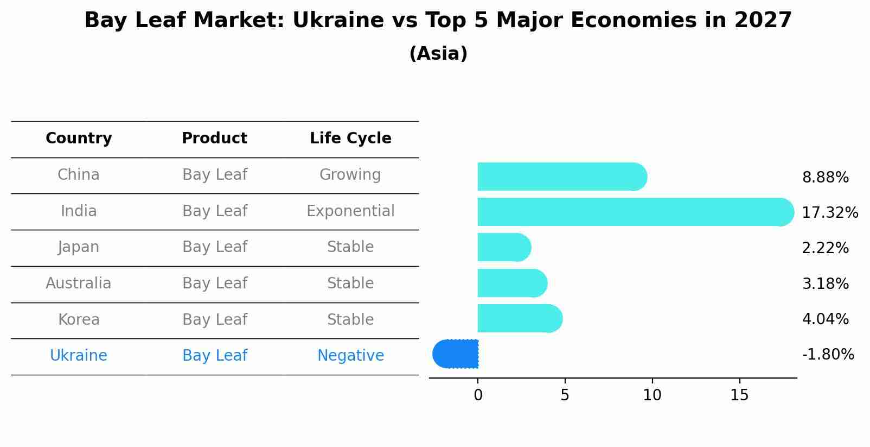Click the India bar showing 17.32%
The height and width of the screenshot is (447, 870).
click(x=635, y=212)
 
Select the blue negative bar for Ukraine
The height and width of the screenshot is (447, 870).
click(x=456, y=354)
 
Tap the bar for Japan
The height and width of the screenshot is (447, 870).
click(x=504, y=248)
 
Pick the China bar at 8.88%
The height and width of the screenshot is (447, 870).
click(x=562, y=177)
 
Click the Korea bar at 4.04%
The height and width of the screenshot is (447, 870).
click(x=520, y=318)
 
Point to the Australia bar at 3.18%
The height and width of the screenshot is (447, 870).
click(x=512, y=283)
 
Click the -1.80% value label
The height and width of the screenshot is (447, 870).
click(x=828, y=355)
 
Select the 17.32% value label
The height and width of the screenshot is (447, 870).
click(x=830, y=212)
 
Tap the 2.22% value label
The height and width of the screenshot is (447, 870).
click(x=825, y=248)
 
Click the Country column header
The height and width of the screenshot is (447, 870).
click(x=79, y=138)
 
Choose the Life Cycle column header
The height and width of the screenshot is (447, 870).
click(x=350, y=138)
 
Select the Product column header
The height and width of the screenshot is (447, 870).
click(x=214, y=138)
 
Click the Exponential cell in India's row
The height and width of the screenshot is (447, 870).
click(x=350, y=211)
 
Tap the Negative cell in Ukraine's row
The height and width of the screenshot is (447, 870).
click(x=350, y=356)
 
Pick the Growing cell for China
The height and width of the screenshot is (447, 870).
click(x=350, y=175)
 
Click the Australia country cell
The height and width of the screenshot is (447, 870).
click(x=79, y=284)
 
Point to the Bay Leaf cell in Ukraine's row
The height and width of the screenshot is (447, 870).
click(x=214, y=356)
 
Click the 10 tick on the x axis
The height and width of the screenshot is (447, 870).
click(x=652, y=395)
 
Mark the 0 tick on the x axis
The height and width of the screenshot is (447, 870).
click(x=478, y=395)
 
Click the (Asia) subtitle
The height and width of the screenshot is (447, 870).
click(x=438, y=54)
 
